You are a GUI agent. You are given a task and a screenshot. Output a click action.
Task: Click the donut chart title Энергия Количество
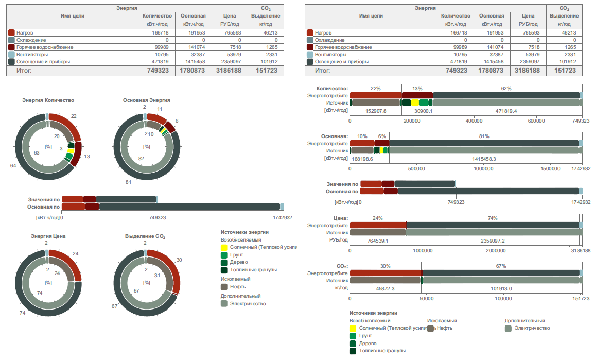click(48, 100)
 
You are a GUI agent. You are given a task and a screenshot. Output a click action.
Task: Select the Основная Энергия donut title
click(147, 100)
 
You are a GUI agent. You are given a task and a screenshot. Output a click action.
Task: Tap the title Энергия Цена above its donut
click(48, 236)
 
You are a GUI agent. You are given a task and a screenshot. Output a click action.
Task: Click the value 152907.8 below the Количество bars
click(376, 111)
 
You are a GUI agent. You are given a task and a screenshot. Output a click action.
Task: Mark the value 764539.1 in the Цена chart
click(377, 241)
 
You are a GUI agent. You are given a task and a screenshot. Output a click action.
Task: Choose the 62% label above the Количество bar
click(506, 89)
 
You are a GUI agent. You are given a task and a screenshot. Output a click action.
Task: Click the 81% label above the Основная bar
click(484, 136)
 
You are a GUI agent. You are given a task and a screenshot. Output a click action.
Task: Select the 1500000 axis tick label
click(550, 168)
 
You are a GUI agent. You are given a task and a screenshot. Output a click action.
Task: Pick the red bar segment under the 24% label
click(378, 225)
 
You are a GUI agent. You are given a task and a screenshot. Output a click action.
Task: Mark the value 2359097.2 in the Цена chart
click(493, 241)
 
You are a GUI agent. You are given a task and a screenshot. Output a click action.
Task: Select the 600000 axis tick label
click(536, 121)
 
